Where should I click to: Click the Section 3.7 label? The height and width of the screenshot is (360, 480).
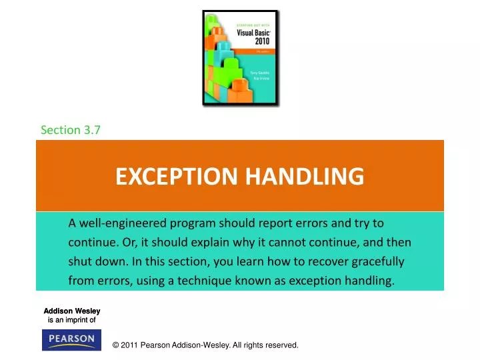point(70,130)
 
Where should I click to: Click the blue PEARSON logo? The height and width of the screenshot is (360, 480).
point(72,340)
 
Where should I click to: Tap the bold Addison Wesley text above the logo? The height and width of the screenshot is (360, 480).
point(72,311)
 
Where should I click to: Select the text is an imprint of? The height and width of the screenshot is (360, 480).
point(72,320)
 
